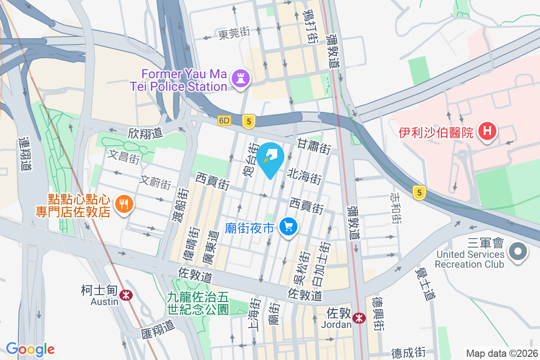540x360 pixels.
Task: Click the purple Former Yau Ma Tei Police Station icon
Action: pos(240,79)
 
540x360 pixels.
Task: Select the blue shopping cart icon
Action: pos(288,226)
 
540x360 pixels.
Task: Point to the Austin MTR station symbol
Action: pos(126,295)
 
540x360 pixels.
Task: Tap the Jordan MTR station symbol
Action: pos(359,318)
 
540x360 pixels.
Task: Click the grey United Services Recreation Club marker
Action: pos(517,251)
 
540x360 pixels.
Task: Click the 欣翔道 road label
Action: pos(145,133)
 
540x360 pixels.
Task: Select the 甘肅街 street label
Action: pos(314,146)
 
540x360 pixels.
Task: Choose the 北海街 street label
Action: pos(304,175)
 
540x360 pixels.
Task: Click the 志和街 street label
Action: pos(396,208)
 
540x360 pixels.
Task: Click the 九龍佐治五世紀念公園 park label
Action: pos(198,303)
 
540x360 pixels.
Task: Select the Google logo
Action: pos(30,349)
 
